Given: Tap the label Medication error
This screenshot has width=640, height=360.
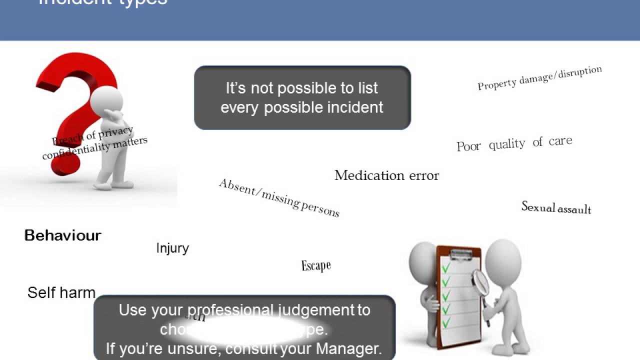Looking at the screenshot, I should tap(386, 175).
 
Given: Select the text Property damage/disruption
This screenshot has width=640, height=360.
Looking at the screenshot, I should tap(539, 78).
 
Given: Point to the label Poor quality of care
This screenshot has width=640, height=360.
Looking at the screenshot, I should tap(514, 144).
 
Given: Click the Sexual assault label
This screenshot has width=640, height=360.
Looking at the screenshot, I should tap(556, 207).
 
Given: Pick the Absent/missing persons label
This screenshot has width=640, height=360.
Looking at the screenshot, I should tap(279, 198).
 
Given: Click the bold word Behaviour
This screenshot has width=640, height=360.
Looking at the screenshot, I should tap(63, 235).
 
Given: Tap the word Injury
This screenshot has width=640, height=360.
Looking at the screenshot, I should tap(172, 248).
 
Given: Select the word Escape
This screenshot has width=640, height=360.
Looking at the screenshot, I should tap(316, 265).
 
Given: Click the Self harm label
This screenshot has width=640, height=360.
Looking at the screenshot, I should tap(61, 292).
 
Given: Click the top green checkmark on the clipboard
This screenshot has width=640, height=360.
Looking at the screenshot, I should tap(445, 267).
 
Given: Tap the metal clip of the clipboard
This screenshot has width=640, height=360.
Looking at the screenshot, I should tap(460, 253).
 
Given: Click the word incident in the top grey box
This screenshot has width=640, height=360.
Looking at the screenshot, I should tap(354, 107).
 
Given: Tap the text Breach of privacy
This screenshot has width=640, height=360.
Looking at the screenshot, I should tap(93, 135).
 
